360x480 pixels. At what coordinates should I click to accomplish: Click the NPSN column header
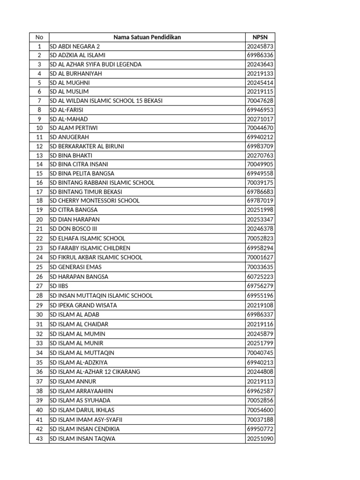(x=260, y=37)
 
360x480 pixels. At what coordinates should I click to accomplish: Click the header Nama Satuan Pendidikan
(x=147, y=37)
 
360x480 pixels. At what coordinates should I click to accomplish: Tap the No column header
(x=39, y=37)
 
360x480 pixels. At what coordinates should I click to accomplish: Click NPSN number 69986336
(x=260, y=55)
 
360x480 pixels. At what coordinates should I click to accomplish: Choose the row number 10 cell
(x=39, y=128)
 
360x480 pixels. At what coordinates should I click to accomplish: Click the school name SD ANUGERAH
(x=69, y=137)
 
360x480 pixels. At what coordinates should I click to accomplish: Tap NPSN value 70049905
(x=260, y=165)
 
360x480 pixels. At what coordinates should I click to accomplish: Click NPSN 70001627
(x=260, y=257)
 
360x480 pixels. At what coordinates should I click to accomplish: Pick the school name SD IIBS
(x=59, y=286)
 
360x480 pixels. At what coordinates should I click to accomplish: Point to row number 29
(x=39, y=305)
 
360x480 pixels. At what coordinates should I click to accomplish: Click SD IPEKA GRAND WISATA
(x=83, y=305)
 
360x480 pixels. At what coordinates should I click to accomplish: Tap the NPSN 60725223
(x=260, y=277)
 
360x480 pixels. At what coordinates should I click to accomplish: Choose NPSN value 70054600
(x=260, y=410)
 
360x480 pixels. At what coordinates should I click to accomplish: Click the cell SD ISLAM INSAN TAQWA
(x=82, y=439)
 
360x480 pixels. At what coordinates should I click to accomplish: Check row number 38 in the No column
(x=39, y=391)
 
